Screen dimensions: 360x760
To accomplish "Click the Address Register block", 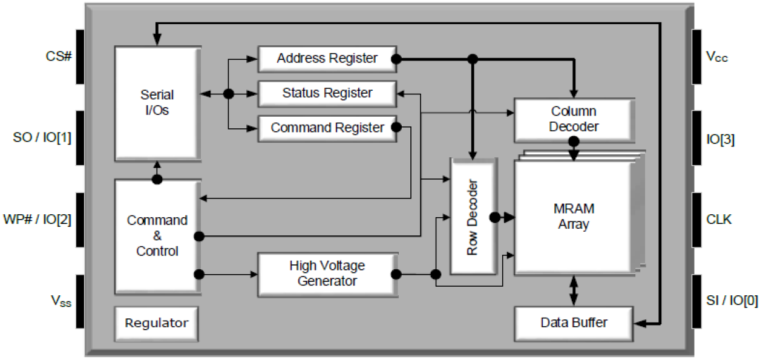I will tap(327, 59).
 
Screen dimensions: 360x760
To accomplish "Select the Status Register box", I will tap(327, 93).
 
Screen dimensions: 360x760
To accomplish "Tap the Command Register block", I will tap(327, 128).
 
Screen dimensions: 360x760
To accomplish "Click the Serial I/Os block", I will tap(157, 103).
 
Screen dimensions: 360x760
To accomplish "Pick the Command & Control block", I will tap(157, 235).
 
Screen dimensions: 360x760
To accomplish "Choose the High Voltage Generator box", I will tap(327, 273).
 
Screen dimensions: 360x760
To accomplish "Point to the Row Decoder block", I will tap(473, 217).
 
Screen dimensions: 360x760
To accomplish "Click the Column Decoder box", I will tap(573, 119).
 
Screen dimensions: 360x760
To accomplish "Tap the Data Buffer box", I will tap(573, 322).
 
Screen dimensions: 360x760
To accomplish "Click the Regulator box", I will tap(156, 323).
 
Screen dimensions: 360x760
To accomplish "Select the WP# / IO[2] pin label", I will tap(38, 219).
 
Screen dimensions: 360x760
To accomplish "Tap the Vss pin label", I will tap(59, 301).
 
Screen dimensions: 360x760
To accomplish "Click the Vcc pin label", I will tap(717, 57).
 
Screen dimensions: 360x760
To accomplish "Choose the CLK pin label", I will tap(719, 219).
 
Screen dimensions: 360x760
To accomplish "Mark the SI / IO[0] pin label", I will tap(732, 301).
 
